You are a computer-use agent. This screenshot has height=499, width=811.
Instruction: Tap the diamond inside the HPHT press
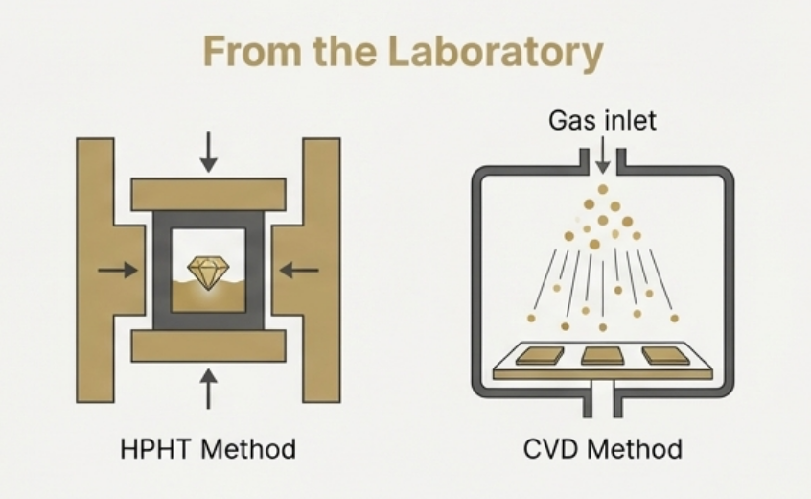pyautogui.click(x=206, y=272)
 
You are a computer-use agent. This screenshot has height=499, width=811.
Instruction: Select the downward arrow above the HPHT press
pyautogui.click(x=208, y=154)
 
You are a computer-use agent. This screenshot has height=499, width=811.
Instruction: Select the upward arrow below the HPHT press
pyautogui.click(x=208, y=389)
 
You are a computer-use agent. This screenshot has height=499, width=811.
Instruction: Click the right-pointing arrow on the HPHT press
pyautogui.click(x=118, y=271)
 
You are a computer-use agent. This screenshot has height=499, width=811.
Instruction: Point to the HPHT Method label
pyautogui.click(x=208, y=448)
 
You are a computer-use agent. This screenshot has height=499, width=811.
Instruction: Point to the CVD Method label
pyautogui.click(x=603, y=448)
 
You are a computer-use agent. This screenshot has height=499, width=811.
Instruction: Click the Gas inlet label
pyautogui.click(x=603, y=121)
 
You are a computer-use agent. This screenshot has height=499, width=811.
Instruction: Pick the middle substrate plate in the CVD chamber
pyautogui.click(x=602, y=356)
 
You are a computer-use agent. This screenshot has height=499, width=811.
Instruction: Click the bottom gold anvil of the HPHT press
pyautogui.click(x=208, y=346)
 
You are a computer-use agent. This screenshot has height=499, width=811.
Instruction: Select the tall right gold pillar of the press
pyautogui.click(x=322, y=270)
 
